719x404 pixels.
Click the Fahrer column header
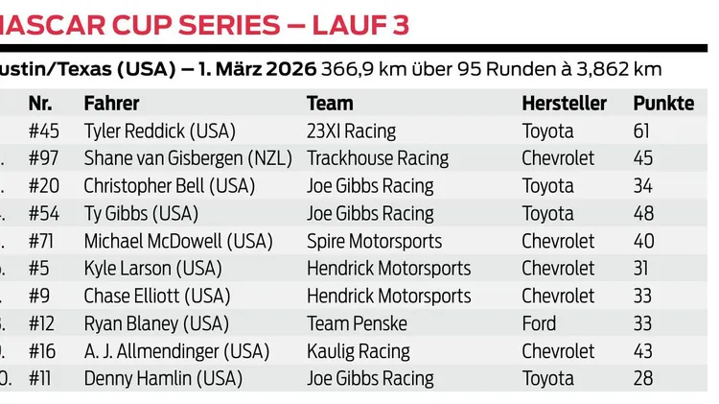111,104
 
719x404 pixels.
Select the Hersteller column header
564,104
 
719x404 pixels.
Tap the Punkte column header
663,104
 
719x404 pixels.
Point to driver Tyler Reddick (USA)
159,131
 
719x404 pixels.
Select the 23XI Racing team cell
351,131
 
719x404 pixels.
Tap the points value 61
641,131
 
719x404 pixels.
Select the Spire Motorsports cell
374,241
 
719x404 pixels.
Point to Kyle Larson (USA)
152,269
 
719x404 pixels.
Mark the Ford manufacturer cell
539,323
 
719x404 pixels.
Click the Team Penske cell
357,323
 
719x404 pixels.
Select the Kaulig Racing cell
358,351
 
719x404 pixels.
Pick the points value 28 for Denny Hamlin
642,379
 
